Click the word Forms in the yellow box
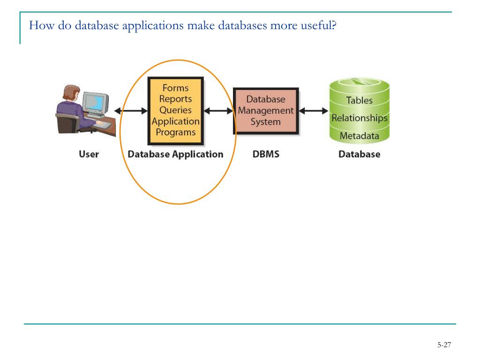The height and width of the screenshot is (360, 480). tap(175, 88)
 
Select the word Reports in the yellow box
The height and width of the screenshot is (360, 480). tap(175, 99)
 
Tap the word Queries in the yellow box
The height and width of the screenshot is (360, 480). tap(175, 110)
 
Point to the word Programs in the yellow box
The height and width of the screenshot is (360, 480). tap(175, 133)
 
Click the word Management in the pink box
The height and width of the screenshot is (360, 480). tap(266, 111)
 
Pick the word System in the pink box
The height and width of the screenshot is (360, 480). tap(266, 122)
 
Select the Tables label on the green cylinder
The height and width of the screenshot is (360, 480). tap(359, 100)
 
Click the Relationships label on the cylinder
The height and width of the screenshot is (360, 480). tap(360, 118)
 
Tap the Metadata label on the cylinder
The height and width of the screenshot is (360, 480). tap(360, 135)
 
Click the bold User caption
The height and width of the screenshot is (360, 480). tap(89, 154)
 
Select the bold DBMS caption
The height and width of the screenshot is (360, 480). tap(266, 154)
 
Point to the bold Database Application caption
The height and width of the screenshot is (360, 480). tap(175, 154)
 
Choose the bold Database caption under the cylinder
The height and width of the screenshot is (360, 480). tap(360, 154)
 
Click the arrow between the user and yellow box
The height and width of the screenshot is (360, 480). tap(131, 111)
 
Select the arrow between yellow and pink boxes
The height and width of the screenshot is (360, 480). tap(218, 111)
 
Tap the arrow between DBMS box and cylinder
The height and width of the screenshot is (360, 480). tap(314, 111)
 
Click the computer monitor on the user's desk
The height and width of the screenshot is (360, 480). tap(96, 104)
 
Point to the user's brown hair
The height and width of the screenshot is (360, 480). tap(71, 92)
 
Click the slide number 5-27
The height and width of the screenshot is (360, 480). tap(444, 345)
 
